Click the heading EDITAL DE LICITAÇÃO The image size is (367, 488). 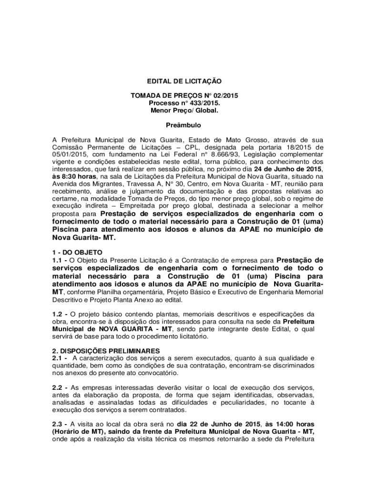pyautogui.click(x=183, y=81)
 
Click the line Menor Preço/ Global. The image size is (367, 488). pyautogui.click(x=183, y=110)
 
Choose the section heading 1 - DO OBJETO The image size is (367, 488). pyautogui.click(x=78, y=252)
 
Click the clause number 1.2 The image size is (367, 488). pyautogui.click(x=59, y=314)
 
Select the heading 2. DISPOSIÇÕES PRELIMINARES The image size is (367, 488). pyautogui.click(x=106, y=351)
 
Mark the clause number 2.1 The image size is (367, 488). pyautogui.click(x=59, y=358)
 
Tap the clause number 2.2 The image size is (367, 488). pyautogui.click(x=59, y=388)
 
